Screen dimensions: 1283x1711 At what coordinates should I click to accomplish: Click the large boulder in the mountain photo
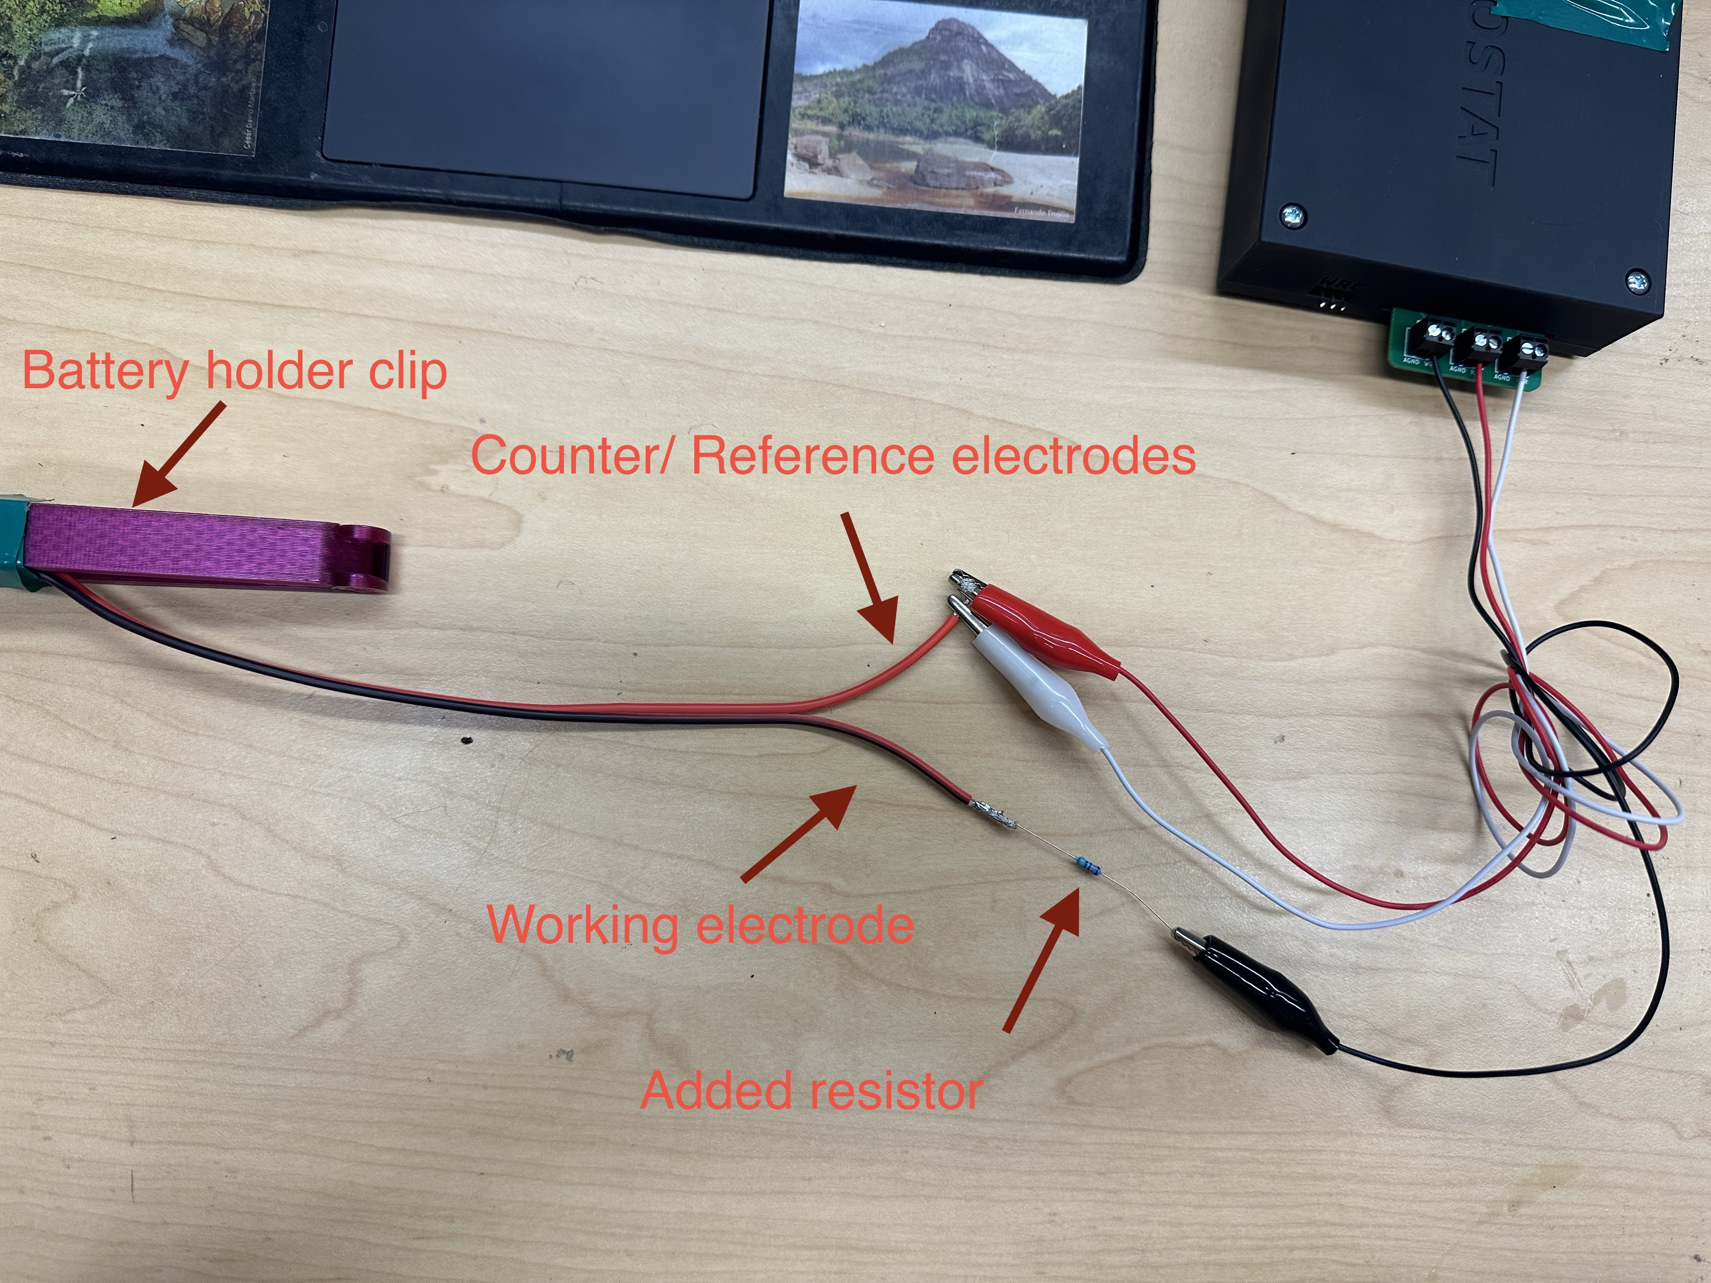[959, 170]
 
